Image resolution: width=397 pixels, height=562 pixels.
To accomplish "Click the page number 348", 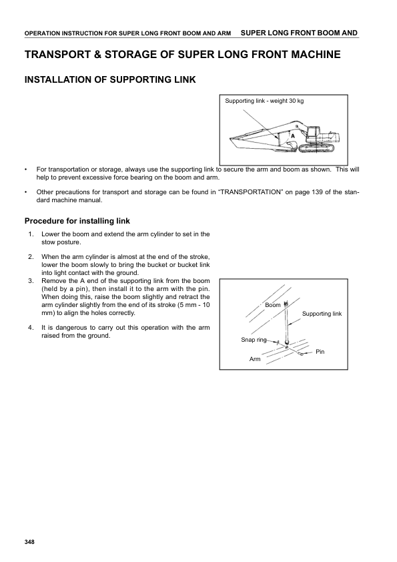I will point(29,541).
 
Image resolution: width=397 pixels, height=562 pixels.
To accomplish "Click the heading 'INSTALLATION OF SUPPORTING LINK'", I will point(109,80).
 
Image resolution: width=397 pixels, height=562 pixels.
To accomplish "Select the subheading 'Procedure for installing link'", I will point(77,221).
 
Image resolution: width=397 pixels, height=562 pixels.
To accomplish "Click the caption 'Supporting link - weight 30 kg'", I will point(264,101).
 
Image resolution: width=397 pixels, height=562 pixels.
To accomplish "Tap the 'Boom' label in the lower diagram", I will point(272,305).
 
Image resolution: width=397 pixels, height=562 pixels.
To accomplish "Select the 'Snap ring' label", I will point(254,340).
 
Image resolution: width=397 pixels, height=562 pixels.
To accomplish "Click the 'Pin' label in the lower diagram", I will point(320,351).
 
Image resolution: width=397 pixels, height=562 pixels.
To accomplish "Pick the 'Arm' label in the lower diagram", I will point(254,359).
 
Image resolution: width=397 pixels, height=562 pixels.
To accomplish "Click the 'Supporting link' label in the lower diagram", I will point(322,313).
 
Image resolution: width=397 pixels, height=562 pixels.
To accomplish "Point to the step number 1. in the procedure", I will point(31,234).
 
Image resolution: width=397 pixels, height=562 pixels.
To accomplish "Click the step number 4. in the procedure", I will point(31,328).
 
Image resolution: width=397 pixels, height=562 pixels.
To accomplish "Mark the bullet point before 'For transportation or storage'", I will point(26,170).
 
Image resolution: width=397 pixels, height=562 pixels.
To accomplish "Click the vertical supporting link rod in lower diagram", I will point(286,324).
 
